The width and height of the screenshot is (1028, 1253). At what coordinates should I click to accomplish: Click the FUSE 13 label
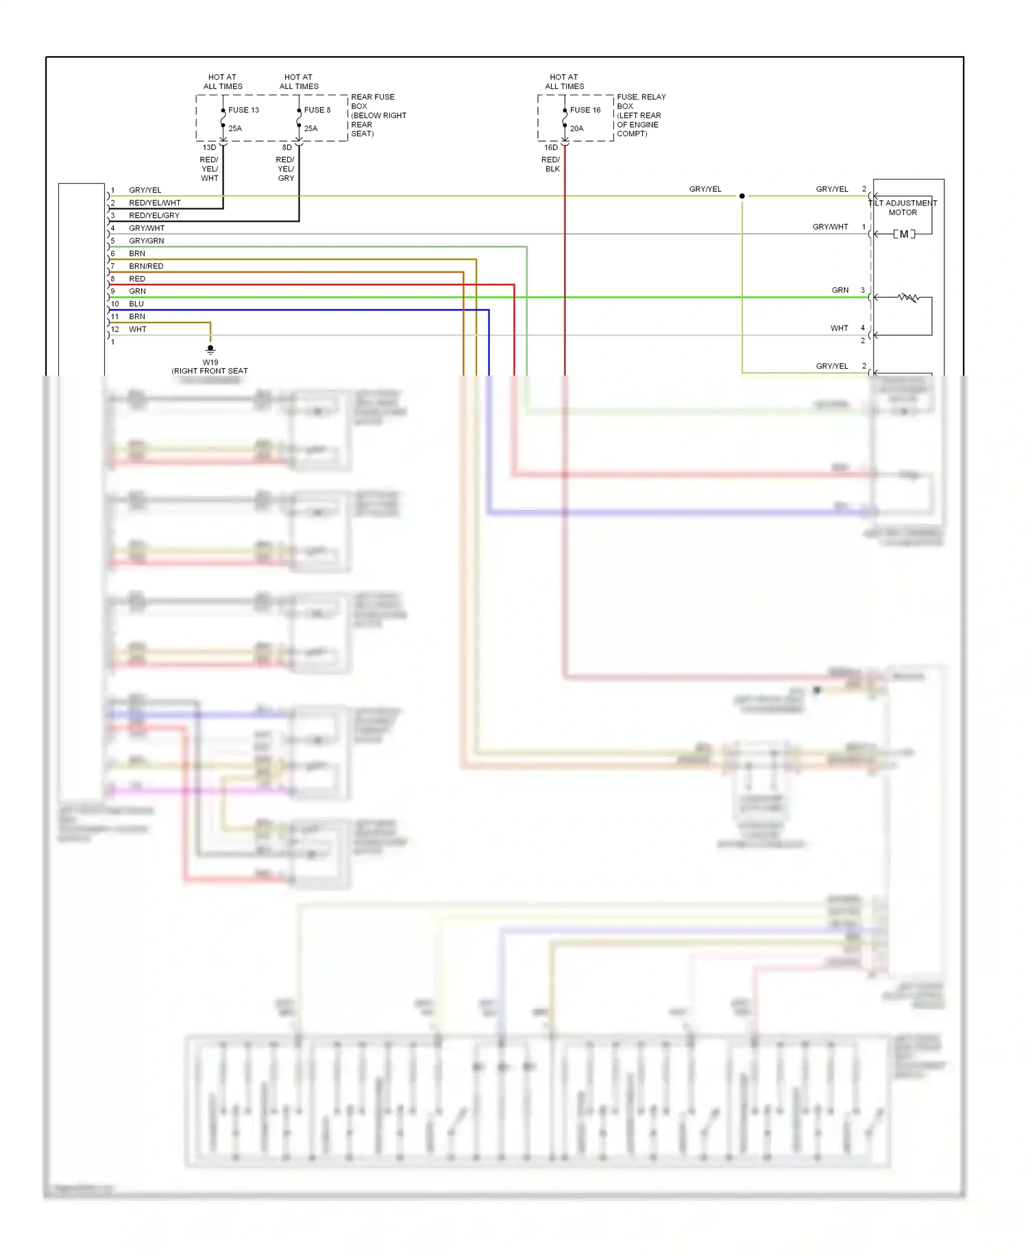coord(243,110)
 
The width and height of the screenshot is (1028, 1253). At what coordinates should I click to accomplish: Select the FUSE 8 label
coord(317,110)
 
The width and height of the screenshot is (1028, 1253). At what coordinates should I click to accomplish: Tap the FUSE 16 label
coord(585,110)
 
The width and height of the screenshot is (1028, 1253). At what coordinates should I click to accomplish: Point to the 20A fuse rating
coord(576,128)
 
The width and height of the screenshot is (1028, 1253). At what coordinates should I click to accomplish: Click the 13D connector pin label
coord(209,147)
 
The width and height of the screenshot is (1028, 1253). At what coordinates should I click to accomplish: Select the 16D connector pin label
coord(551,147)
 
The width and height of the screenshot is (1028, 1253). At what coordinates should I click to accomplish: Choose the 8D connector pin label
coord(287,147)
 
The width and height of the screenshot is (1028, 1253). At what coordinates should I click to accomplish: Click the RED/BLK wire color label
coord(551,165)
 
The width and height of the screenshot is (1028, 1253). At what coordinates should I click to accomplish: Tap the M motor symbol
coord(904,234)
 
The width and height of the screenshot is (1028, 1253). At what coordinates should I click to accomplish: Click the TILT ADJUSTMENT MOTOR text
coord(903,208)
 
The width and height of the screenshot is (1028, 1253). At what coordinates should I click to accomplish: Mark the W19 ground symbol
coord(210,349)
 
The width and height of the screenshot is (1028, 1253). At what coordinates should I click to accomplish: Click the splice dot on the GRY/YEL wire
coord(742,196)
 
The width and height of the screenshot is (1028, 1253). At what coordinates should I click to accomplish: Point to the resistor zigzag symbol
coord(909,297)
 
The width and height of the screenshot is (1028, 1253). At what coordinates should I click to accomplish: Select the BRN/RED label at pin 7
coord(146,266)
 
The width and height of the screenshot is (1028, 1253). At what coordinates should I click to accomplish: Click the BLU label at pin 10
coord(136,304)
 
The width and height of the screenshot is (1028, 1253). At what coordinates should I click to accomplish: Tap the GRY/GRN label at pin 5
coord(146,241)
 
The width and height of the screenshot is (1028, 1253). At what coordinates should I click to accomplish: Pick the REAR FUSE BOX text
coord(372,101)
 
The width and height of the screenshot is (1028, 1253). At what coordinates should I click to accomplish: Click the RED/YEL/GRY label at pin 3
coord(154,215)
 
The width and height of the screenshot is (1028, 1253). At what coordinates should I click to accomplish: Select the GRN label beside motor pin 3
coord(840,290)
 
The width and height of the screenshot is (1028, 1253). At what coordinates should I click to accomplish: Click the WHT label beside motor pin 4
coord(839,328)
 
